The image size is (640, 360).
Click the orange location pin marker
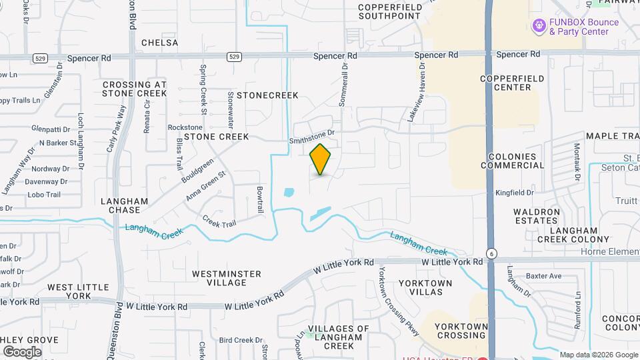coord(321,159)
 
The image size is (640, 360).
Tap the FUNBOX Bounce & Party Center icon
coord(538,26)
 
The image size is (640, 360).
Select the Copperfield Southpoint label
coord(391,11)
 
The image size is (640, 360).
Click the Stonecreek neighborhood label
coord(267,95)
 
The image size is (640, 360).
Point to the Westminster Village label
coord(227,278)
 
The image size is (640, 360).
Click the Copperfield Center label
coord(512,83)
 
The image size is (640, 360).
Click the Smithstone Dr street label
coord(311,137)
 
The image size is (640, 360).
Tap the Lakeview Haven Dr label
coord(416,93)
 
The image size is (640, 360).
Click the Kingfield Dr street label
coord(514,193)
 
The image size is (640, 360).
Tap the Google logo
coord(22,351)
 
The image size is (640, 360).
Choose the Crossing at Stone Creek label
coord(134,89)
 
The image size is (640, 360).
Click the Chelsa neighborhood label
coord(160,43)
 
